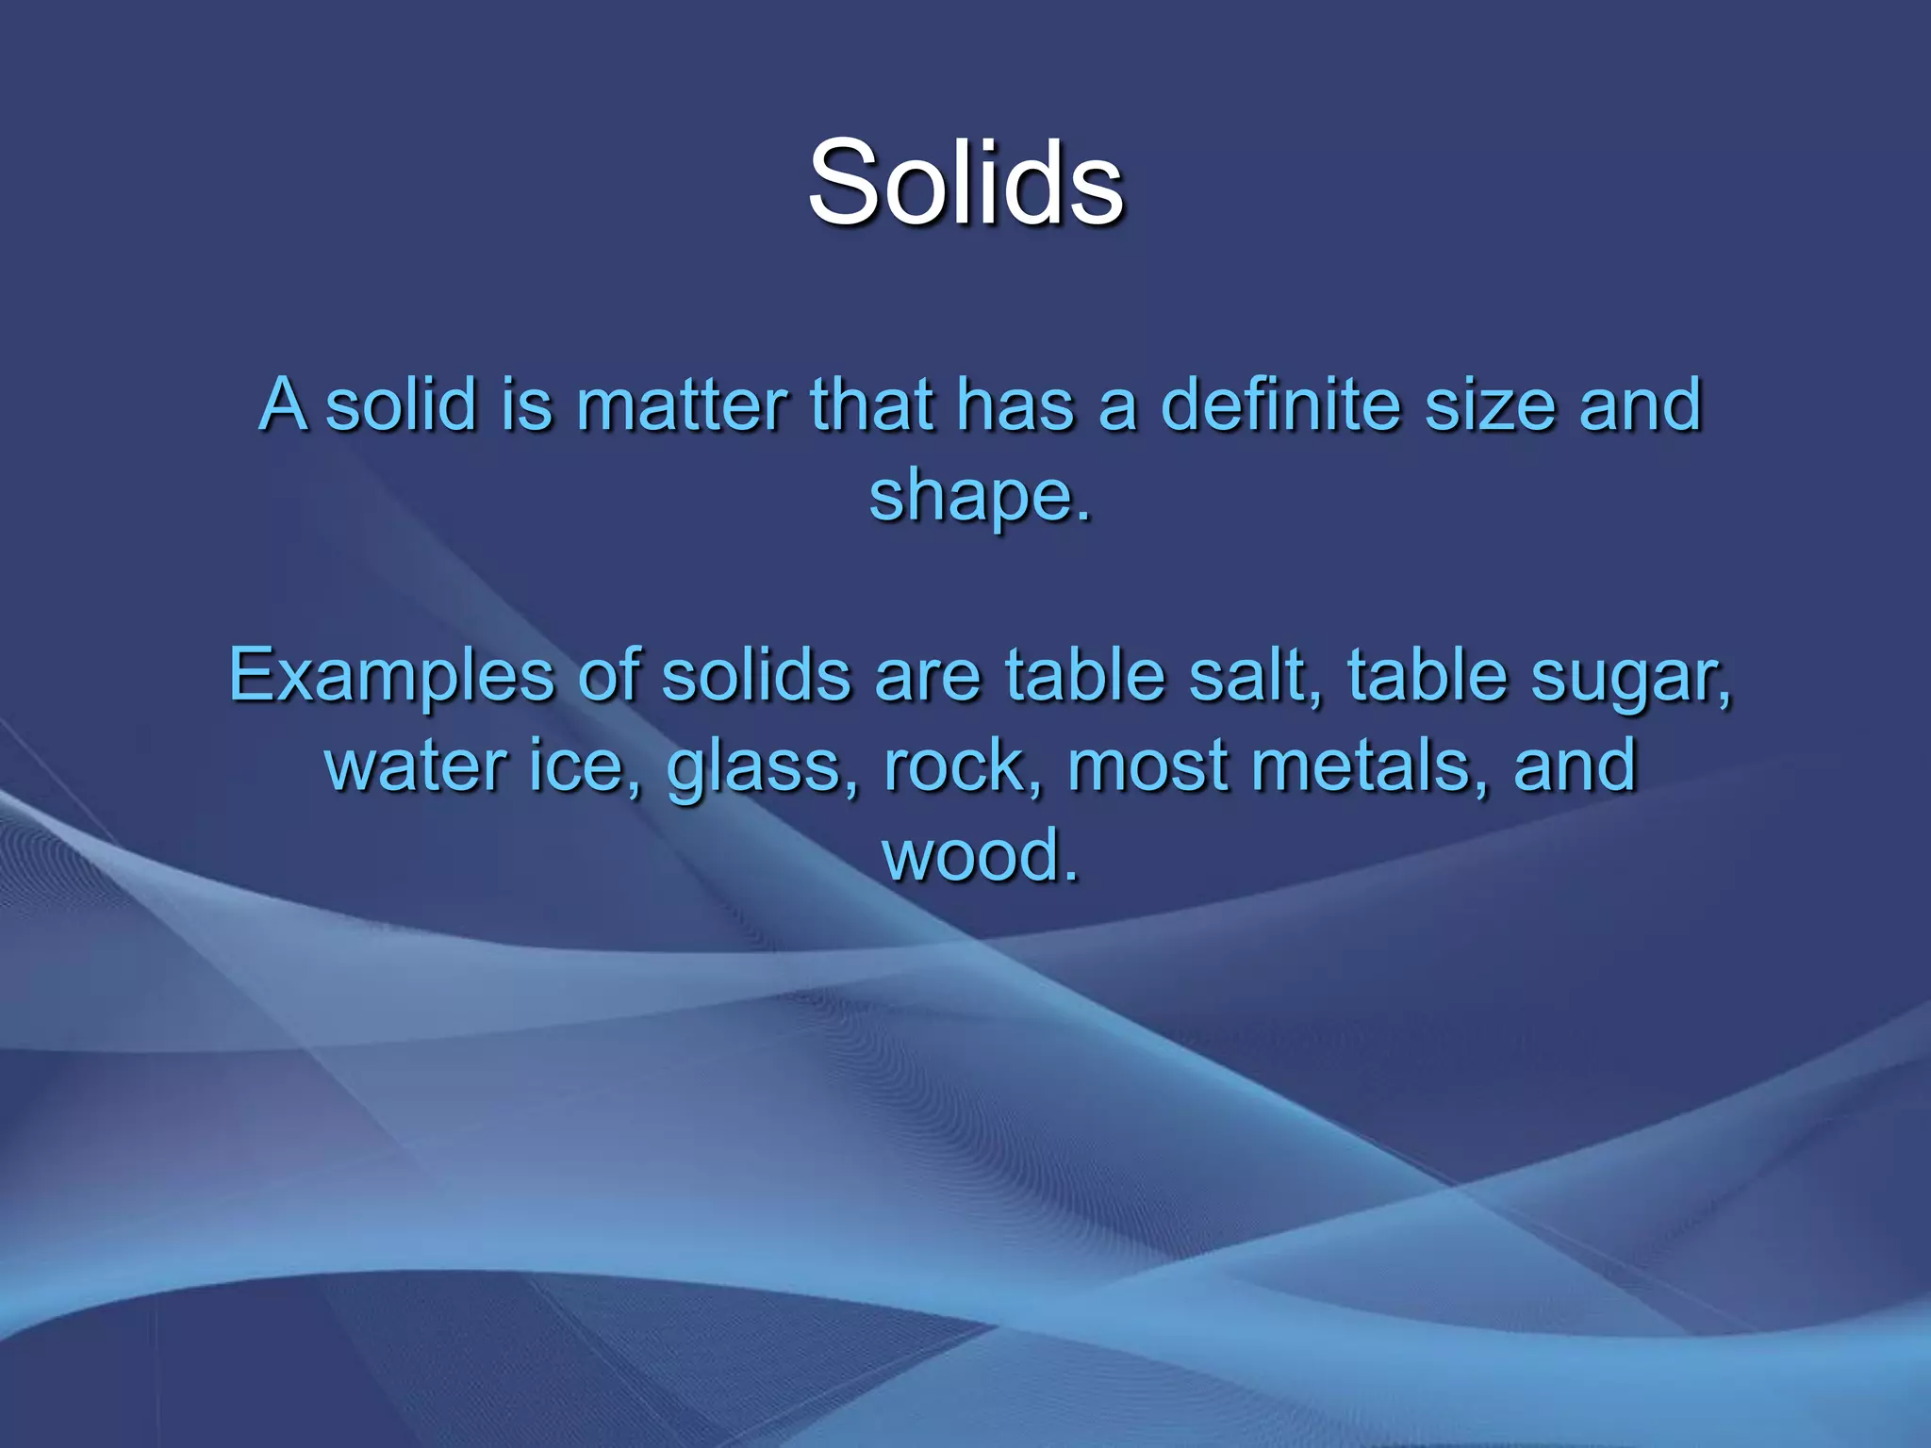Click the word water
(x=414, y=765)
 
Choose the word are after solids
(x=929, y=677)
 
